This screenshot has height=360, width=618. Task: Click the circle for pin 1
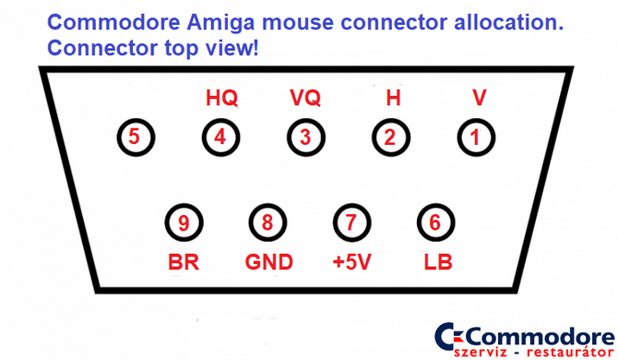[475, 138]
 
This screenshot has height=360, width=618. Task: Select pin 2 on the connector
[390, 138]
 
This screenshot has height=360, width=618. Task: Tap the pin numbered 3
[304, 138]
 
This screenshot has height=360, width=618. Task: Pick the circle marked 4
[220, 138]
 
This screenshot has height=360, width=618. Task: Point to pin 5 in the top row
[135, 138]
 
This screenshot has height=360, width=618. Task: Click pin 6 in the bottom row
[433, 222]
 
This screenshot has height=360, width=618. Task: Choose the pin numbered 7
[349, 222]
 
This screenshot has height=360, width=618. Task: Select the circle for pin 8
[267, 222]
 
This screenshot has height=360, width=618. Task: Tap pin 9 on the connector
[184, 222]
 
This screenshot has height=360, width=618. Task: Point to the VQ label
[305, 97]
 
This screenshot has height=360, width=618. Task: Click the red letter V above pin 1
[478, 97]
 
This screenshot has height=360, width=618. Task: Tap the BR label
[184, 262]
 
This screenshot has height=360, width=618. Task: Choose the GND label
[268, 262]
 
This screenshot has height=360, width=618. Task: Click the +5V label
[351, 262]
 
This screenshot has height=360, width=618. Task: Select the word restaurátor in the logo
[564, 351]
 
